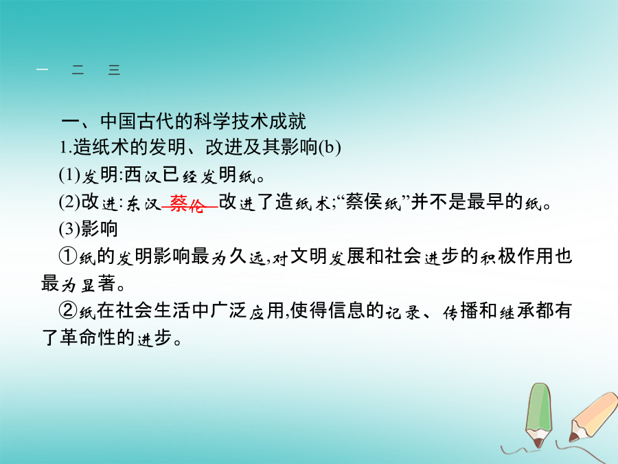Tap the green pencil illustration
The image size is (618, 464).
[x=539, y=415]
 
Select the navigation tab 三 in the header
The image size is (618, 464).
[x=114, y=70]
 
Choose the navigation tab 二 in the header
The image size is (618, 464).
[x=78, y=70]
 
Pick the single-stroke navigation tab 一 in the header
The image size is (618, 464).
[x=42, y=70]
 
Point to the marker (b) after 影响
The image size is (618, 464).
[x=330, y=148]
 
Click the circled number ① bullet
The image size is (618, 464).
[x=68, y=256]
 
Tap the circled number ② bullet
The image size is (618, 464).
[x=68, y=310]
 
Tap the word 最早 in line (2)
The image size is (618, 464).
[x=485, y=202]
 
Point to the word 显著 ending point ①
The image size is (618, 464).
[x=98, y=283]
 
